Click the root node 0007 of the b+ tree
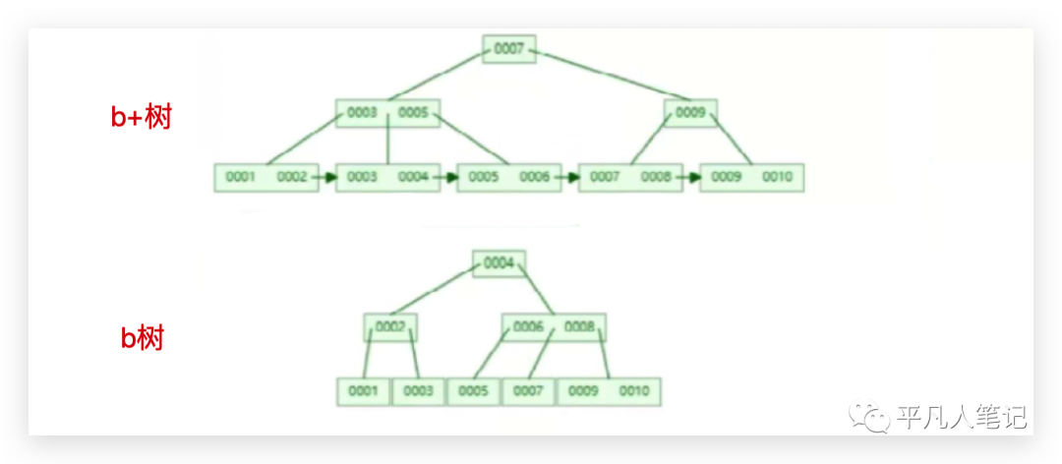tap(509, 49)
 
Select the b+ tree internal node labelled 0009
tap(690, 113)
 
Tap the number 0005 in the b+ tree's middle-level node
tap(413, 113)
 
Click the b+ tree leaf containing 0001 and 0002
tap(266, 177)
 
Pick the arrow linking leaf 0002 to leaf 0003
tap(327, 178)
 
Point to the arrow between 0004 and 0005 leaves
tap(448, 178)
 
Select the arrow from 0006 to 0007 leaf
tap(569, 178)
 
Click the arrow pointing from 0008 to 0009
tap(690, 178)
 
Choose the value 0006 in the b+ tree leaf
tap(534, 177)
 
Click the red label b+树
tap(142, 118)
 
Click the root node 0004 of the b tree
tap(500, 263)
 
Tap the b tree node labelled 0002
tap(390, 326)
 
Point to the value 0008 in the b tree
tap(580, 326)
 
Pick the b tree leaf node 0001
tap(363, 391)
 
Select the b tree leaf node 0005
tap(473, 391)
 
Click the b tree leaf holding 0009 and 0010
tap(610, 391)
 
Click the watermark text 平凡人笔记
tap(961, 418)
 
